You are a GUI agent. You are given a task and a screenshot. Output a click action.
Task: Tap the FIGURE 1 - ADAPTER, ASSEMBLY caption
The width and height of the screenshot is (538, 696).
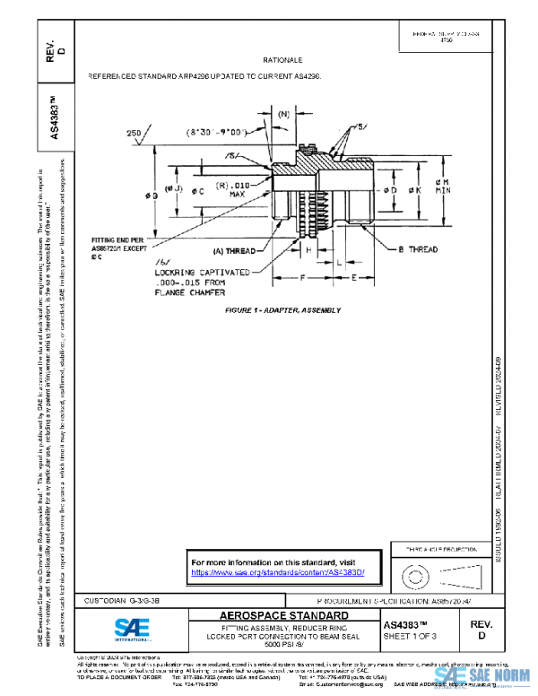[284, 310]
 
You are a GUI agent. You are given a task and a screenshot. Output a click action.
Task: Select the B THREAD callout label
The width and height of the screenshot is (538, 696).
[417, 251]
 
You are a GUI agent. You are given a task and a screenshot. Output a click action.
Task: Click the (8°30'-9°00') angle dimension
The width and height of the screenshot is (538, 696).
[216, 132]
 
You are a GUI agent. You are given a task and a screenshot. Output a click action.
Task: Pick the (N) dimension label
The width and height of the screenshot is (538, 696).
[283, 115]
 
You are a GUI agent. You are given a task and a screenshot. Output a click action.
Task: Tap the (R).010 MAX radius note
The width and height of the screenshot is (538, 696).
[236, 187]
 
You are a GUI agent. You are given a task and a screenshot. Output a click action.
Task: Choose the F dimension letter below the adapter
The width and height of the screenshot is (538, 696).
[302, 279]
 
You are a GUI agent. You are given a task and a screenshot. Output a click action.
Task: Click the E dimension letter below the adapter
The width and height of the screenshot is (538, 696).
[356, 279]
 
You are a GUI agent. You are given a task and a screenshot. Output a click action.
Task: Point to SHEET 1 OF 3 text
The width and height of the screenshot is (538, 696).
[412, 636]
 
